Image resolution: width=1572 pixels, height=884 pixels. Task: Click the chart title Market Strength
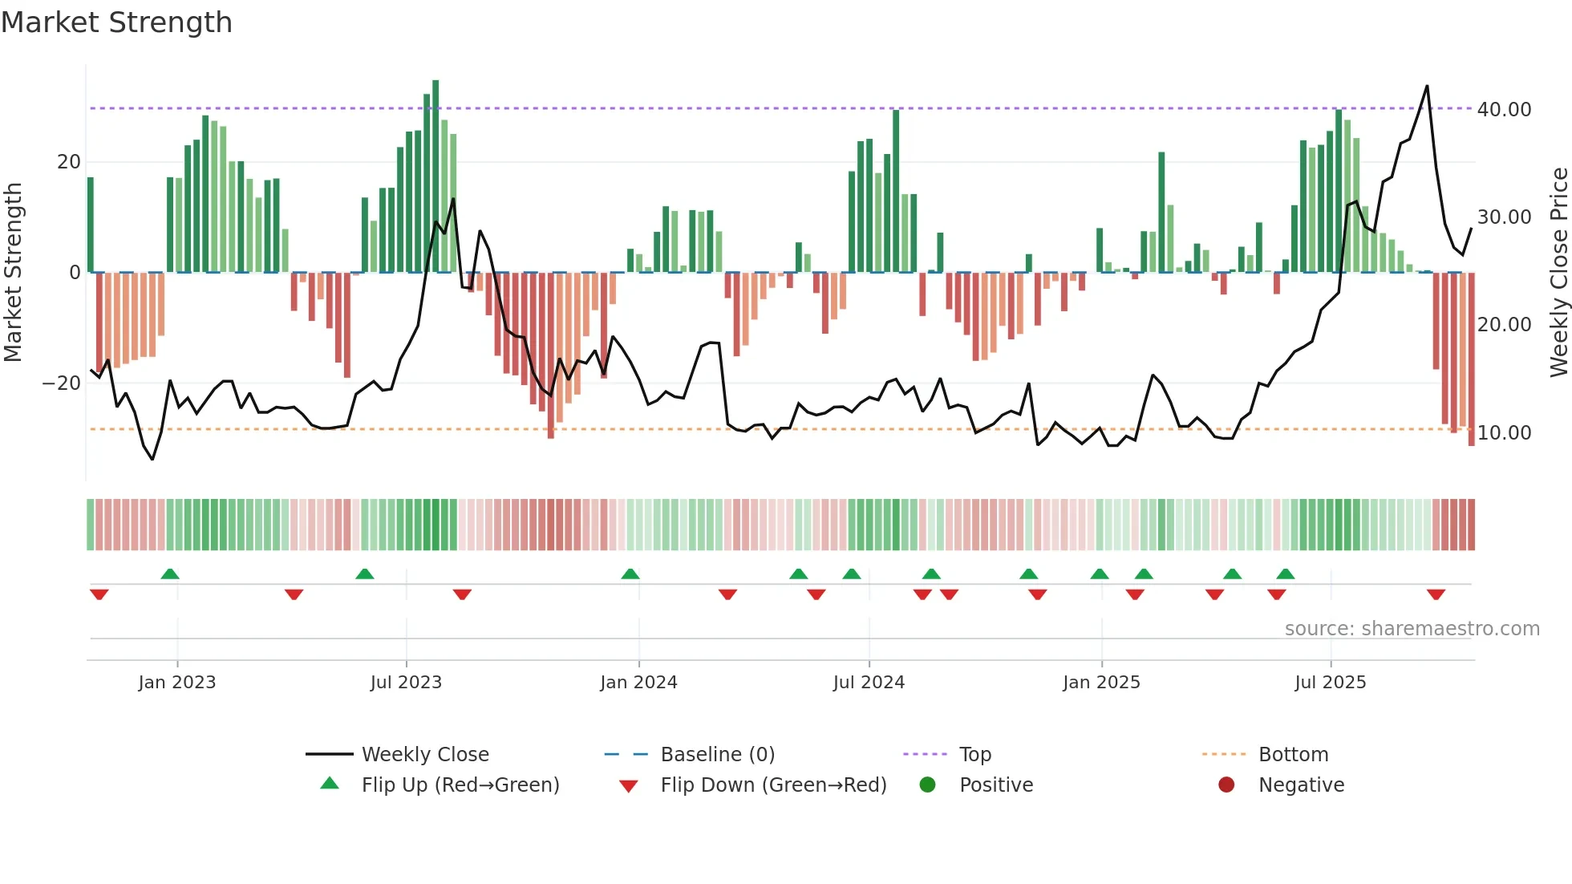click(x=116, y=22)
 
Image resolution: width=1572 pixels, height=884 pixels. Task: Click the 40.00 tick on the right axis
click(x=1504, y=109)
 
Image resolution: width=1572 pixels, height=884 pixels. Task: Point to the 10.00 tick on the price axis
click(x=1504, y=433)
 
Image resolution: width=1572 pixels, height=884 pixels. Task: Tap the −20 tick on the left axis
click(x=62, y=383)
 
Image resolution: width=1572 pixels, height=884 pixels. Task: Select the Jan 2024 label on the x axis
click(x=638, y=683)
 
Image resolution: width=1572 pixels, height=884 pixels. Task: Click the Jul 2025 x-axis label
click(x=1330, y=683)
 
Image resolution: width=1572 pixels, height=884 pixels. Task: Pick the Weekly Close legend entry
click(x=425, y=755)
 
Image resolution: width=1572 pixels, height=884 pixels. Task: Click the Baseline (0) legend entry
click(x=717, y=755)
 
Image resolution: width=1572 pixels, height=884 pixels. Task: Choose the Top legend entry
click(x=975, y=755)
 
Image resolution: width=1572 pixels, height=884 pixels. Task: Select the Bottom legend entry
click(x=1293, y=755)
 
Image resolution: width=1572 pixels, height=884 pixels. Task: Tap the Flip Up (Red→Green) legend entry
click(x=460, y=785)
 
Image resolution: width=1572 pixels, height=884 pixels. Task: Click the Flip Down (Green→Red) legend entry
click(x=773, y=785)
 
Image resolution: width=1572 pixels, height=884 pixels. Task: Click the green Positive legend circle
click(x=928, y=785)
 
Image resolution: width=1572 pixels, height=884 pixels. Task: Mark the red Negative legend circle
click(x=1226, y=785)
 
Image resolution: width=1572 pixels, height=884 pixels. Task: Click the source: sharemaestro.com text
click(x=1412, y=629)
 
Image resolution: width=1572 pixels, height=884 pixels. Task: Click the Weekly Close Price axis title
click(x=1558, y=273)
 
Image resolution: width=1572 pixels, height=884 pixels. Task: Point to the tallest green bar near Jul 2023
click(x=436, y=176)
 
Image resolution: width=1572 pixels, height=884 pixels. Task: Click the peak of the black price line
click(x=1427, y=87)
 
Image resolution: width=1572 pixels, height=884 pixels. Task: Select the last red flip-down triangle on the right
click(x=1436, y=594)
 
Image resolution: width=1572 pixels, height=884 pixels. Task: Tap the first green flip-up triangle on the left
click(x=170, y=574)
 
